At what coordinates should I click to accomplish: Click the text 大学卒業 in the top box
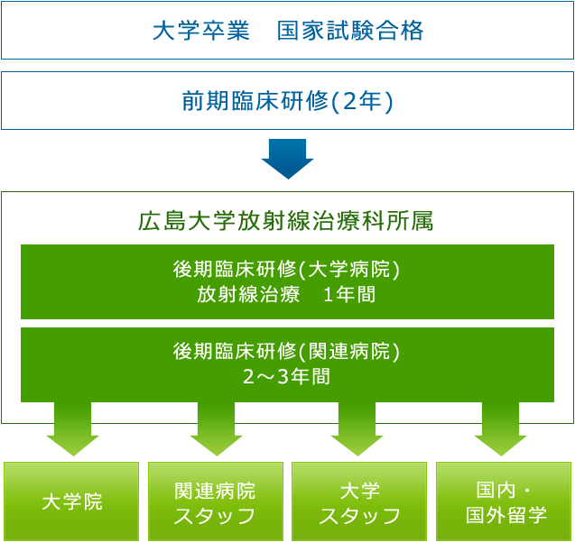(x=201, y=31)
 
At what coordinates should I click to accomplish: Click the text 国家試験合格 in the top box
(x=350, y=31)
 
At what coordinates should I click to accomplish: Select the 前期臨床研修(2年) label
(x=287, y=101)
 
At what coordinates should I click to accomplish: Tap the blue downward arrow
(x=287, y=159)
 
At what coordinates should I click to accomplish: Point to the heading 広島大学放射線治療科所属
(x=286, y=221)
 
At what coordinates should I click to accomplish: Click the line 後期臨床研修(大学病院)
(x=286, y=270)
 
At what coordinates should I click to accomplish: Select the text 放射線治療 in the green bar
(x=248, y=295)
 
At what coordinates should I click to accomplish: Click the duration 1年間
(x=349, y=295)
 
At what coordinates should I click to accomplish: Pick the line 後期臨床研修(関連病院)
(x=286, y=352)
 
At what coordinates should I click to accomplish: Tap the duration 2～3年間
(x=286, y=376)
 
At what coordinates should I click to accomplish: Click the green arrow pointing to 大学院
(x=72, y=428)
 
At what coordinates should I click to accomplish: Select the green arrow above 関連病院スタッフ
(x=217, y=428)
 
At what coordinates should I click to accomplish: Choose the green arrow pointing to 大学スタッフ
(x=357, y=428)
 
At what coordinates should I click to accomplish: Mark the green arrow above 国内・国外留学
(x=501, y=428)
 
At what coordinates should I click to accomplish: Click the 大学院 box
(x=71, y=502)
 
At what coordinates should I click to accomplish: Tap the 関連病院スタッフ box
(x=216, y=502)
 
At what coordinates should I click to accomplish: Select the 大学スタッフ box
(x=359, y=502)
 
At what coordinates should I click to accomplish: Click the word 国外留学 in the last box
(x=506, y=515)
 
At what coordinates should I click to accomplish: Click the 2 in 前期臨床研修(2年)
(x=350, y=102)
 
